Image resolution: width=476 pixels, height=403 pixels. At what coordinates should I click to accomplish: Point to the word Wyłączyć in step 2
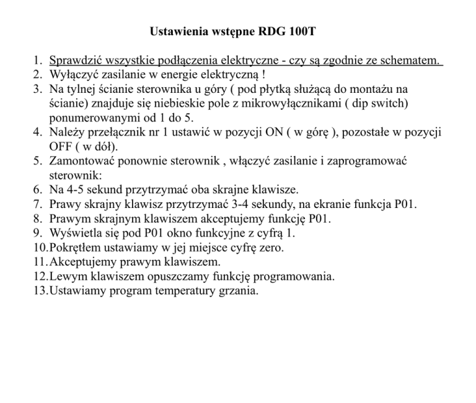click(x=73, y=76)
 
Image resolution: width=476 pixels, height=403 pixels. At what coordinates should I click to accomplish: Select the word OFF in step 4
click(x=60, y=147)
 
